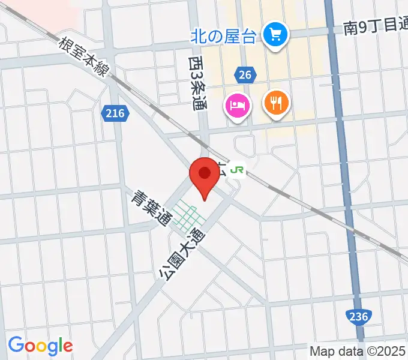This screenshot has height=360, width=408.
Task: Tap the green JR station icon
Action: point(238,170)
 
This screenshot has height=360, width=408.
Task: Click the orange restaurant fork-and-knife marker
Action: point(276,103)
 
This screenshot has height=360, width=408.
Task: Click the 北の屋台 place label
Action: point(223,35)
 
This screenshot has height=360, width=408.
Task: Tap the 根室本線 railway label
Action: point(84,58)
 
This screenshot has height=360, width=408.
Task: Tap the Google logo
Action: point(40,345)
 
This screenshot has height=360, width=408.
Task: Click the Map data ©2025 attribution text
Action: point(357,351)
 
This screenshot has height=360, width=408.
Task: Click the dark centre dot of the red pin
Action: point(204,173)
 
